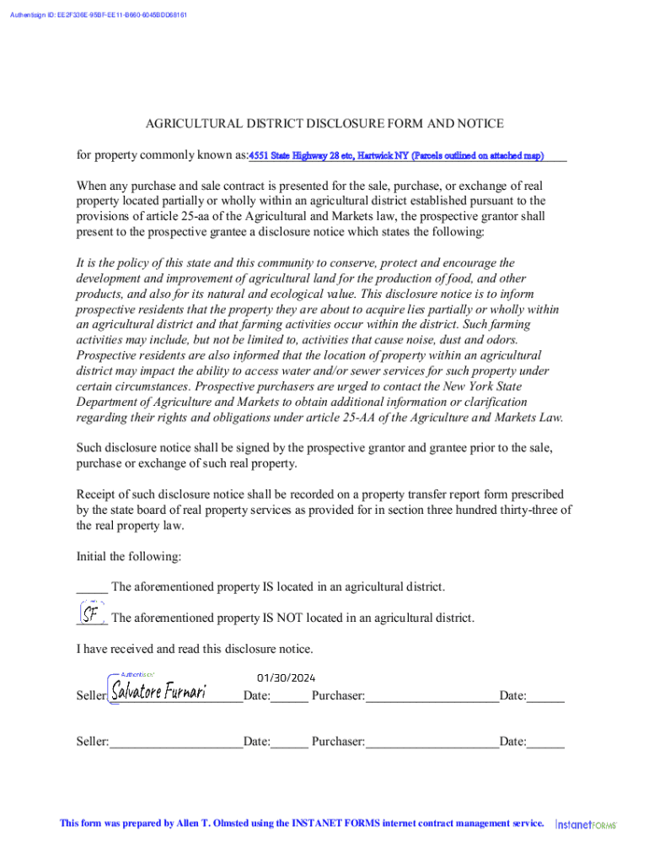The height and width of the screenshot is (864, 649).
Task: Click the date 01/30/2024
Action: coord(286,677)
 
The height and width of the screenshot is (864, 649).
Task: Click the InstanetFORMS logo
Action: coord(586,823)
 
